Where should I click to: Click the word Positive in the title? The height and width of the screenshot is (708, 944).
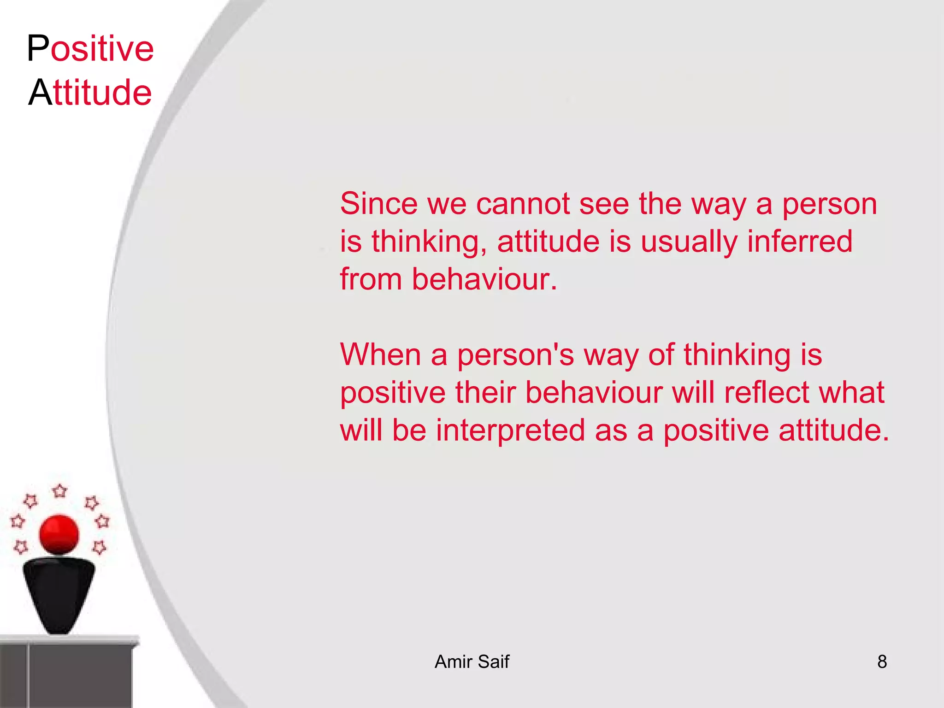click(x=90, y=48)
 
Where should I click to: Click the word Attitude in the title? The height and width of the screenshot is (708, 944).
click(x=90, y=92)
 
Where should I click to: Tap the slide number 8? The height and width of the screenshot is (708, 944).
click(x=882, y=661)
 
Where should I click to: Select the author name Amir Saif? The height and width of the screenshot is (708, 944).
click(x=472, y=661)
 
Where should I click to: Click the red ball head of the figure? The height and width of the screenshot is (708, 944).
click(x=59, y=534)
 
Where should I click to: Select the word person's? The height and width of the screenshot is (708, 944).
click(x=515, y=355)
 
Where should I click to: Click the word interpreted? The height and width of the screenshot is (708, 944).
click(x=511, y=431)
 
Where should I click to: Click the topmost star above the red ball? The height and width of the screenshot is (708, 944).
click(x=59, y=491)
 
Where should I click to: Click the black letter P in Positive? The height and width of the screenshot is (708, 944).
click(x=38, y=48)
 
